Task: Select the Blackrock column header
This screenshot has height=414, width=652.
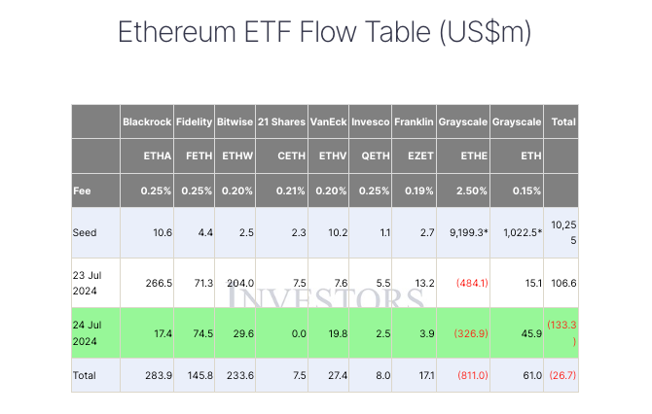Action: coord(146,123)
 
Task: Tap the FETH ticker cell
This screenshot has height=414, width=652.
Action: coord(199,156)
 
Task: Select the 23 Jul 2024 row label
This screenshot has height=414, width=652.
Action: coord(89,283)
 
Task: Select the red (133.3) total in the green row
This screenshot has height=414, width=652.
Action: coord(561,332)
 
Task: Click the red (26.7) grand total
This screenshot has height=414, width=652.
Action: coord(561,375)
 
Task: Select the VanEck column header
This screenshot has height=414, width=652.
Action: coord(327,123)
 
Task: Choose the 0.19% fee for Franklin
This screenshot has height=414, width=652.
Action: coord(413,190)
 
